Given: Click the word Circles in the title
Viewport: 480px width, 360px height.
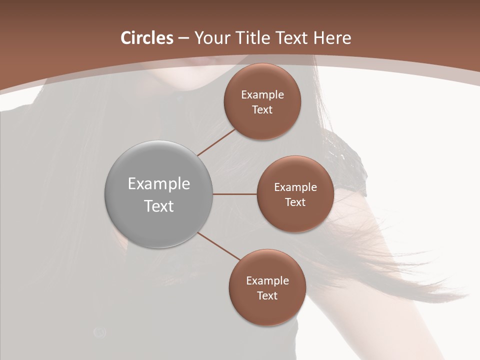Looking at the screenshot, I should (x=147, y=38).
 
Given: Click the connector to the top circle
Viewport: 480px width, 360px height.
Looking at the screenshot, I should (x=216, y=142).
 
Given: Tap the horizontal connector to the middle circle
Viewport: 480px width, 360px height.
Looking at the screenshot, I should (x=235, y=194).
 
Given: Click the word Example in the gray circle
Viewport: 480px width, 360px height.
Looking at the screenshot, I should (x=159, y=184).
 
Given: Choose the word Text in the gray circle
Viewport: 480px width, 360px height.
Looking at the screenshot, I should (x=159, y=206).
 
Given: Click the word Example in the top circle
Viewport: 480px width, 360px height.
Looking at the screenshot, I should (x=262, y=95).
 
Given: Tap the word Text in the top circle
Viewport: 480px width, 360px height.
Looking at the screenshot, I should (x=262, y=110).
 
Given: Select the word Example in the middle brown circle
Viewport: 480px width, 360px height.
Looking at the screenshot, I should (x=295, y=187).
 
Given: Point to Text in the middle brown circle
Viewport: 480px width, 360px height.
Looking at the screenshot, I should (x=295, y=202).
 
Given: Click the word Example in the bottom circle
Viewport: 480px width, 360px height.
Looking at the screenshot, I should (x=267, y=281).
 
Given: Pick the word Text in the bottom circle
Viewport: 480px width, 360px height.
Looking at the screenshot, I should (x=267, y=296).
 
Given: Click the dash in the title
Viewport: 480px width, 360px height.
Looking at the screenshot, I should (x=183, y=38).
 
